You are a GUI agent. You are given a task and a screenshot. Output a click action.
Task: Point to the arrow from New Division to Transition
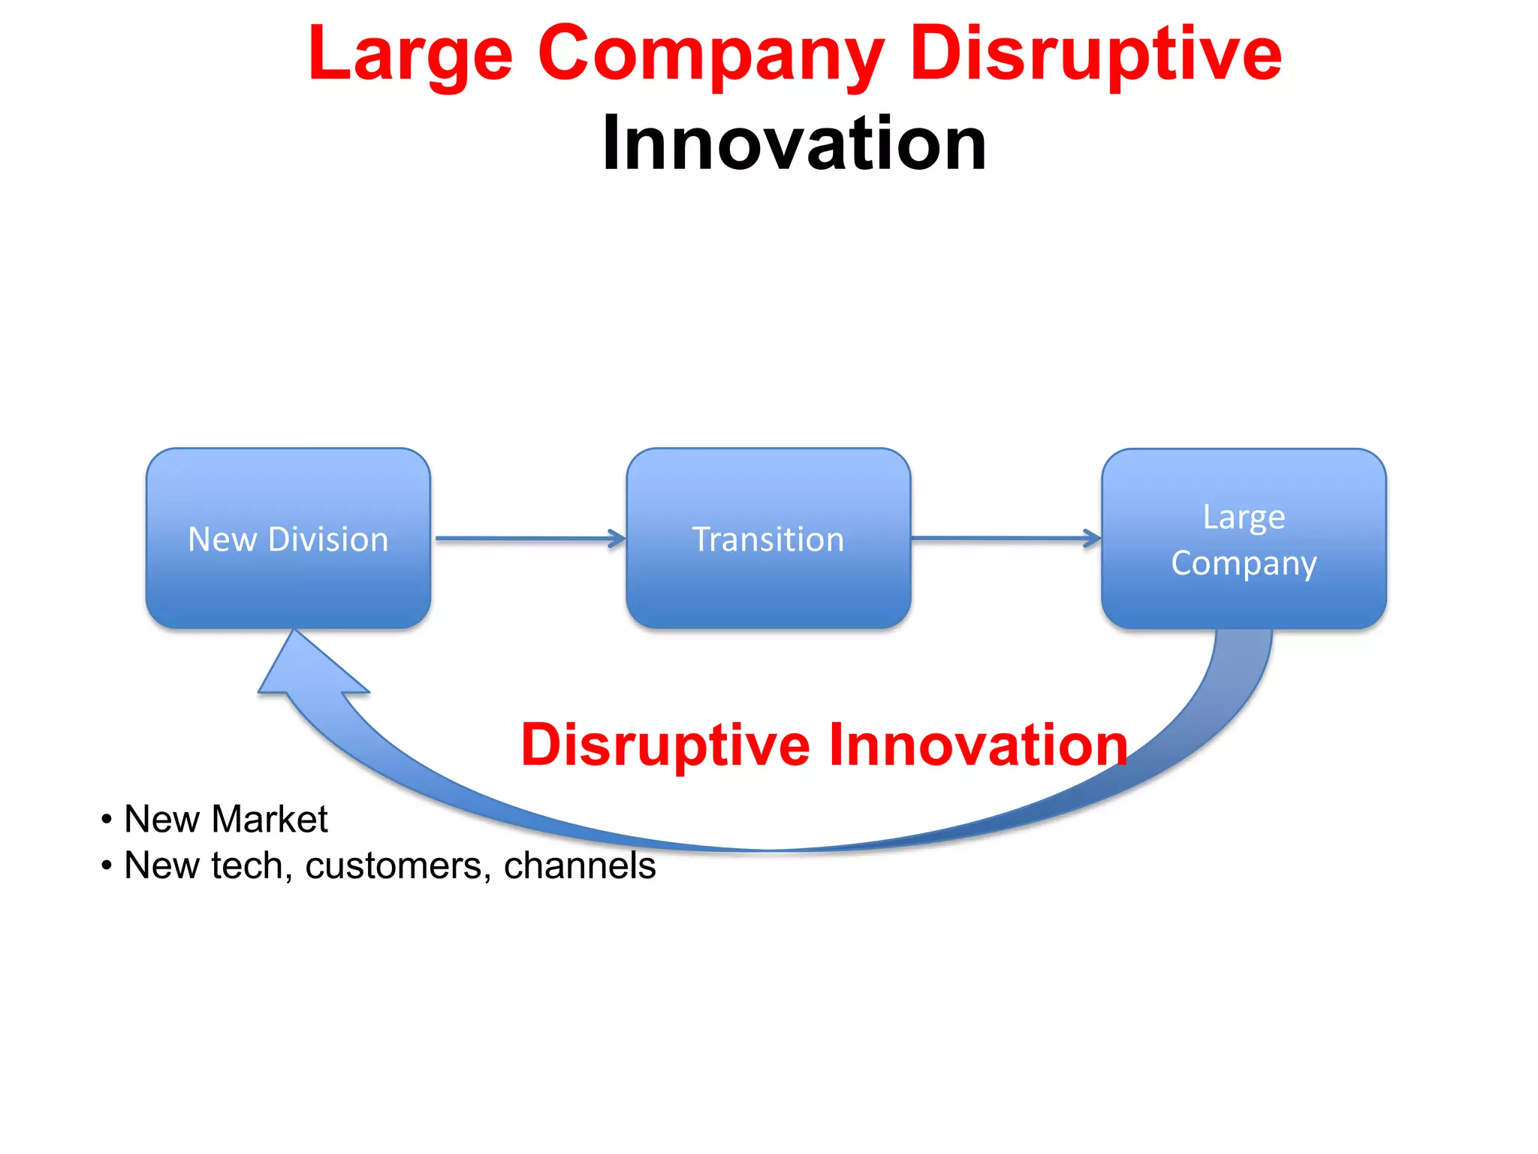(x=529, y=539)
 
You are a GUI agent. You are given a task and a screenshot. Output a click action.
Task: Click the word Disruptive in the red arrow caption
(x=665, y=745)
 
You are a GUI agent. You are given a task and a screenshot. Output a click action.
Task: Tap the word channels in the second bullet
(x=579, y=865)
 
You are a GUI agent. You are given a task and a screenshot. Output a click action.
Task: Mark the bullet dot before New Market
(x=107, y=819)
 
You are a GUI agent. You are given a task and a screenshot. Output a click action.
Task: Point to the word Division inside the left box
(x=328, y=539)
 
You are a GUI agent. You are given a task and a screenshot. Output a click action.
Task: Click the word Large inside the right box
(x=1244, y=518)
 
